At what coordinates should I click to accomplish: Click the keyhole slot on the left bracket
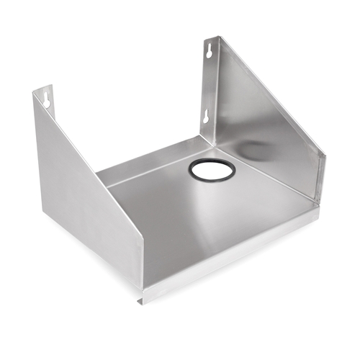click(x=47, y=97)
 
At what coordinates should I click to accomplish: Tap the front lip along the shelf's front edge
click(x=238, y=245)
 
